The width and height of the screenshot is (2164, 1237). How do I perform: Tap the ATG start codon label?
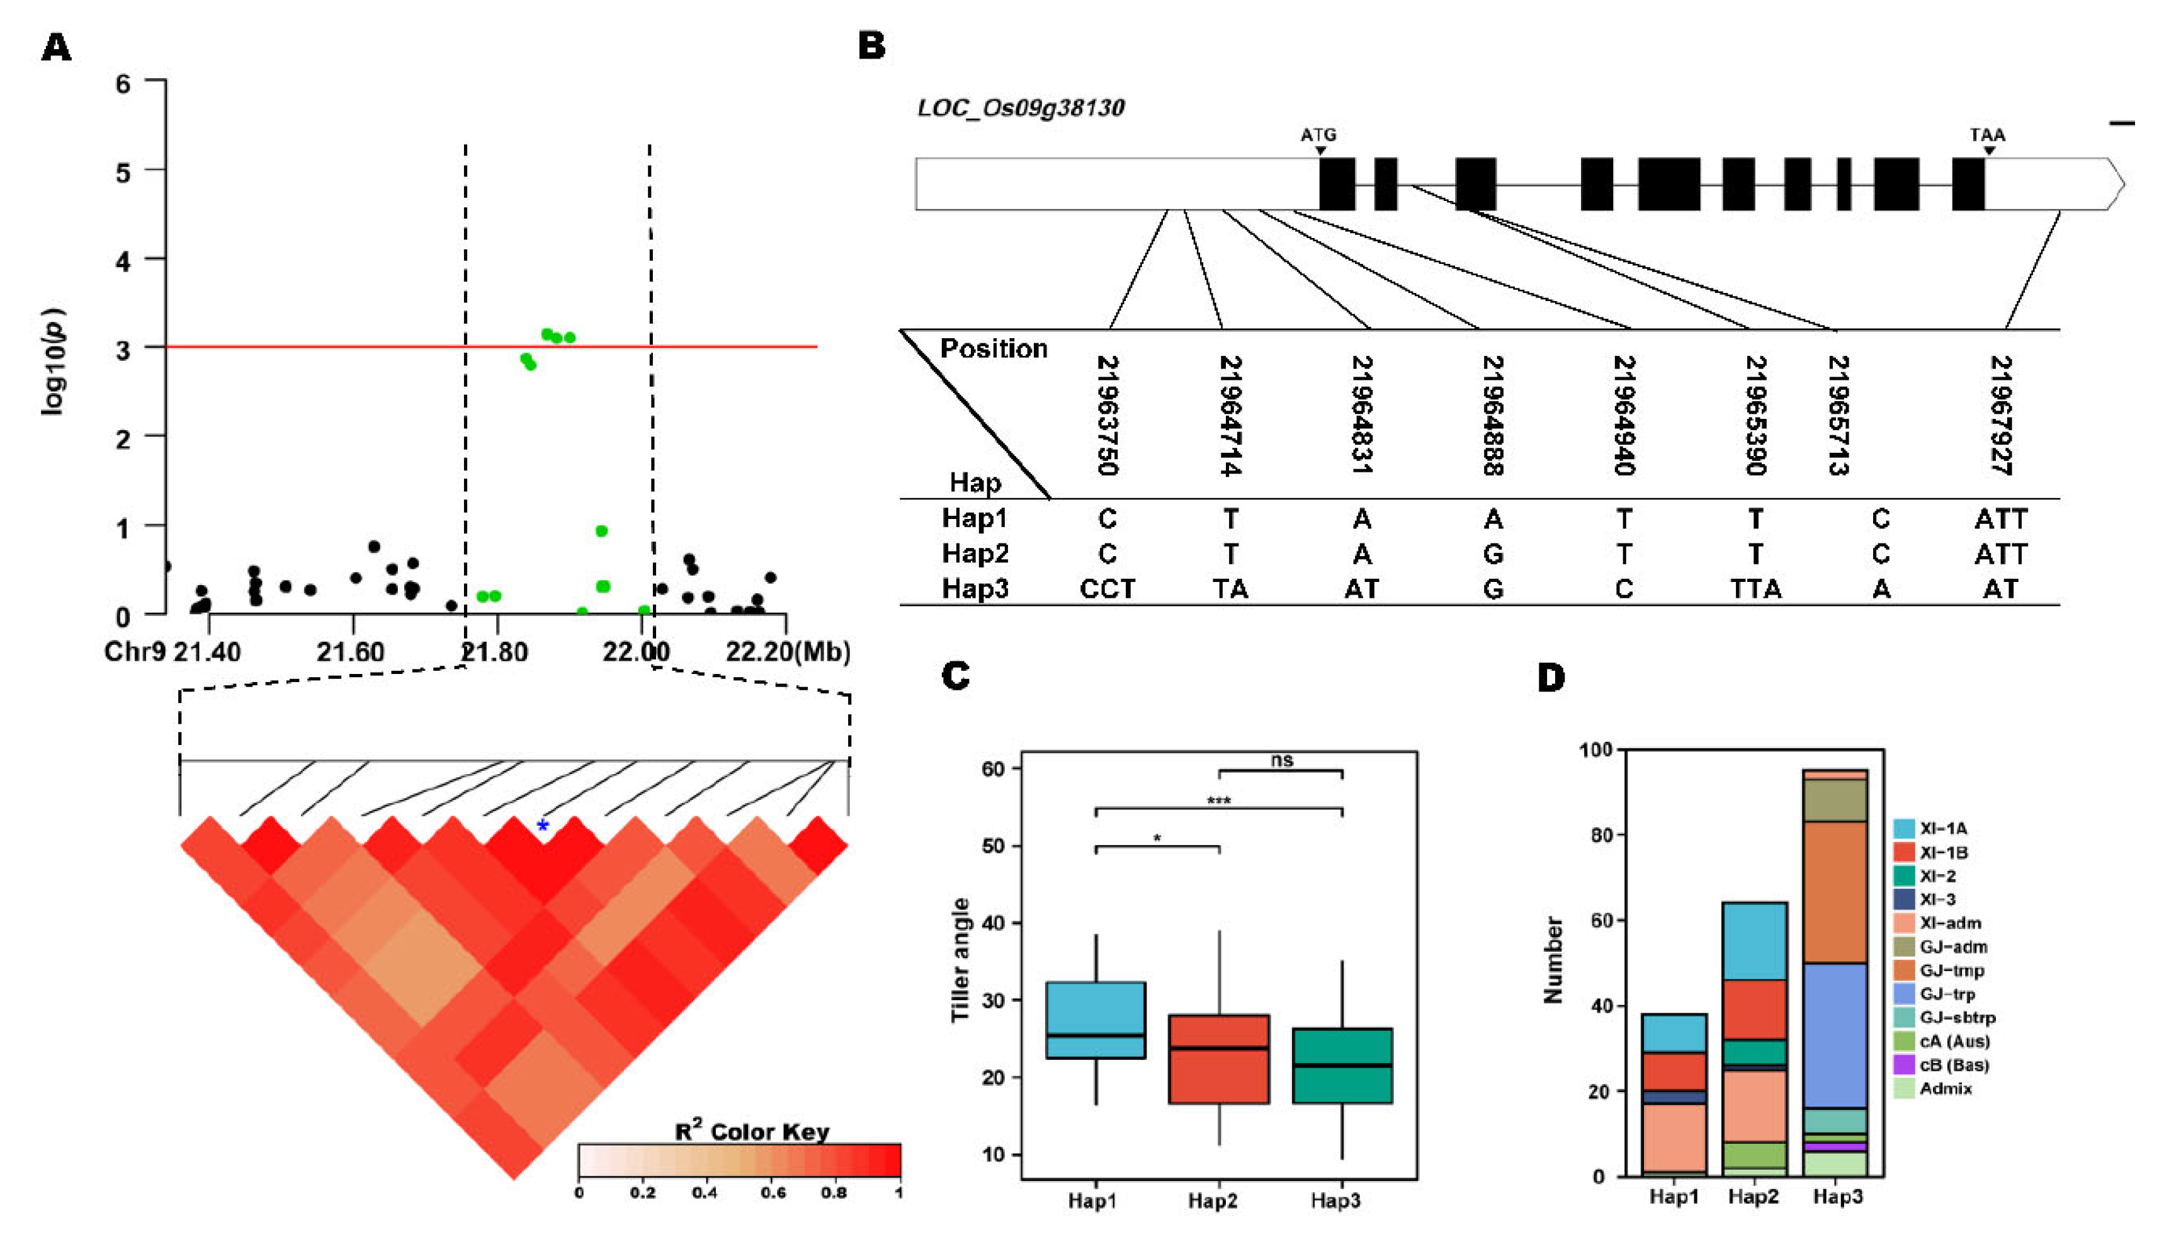pyautogui.click(x=1318, y=135)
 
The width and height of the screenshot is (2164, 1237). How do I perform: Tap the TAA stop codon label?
pyautogui.click(x=1987, y=135)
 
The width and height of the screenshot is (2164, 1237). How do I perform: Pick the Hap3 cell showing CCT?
pyautogui.click(x=1107, y=589)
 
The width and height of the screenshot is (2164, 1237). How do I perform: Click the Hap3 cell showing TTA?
pyautogui.click(x=1755, y=589)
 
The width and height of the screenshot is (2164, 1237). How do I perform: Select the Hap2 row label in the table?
pyautogui.click(x=975, y=554)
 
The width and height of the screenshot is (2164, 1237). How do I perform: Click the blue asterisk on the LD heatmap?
pyautogui.click(x=543, y=826)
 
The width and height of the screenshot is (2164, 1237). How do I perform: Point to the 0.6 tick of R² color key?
pyautogui.click(x=773, y=1192)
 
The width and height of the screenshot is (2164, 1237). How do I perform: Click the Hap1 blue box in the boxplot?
pyautogui.click(x=1096, y=1020)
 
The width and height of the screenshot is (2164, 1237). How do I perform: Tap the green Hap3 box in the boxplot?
pyautogui.click(x=1342, y=1066)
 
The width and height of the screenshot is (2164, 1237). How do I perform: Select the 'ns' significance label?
pyautogui.click(x=1281, y=760)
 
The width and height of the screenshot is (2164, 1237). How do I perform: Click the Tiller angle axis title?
pyautogui.click(x=960, y=960)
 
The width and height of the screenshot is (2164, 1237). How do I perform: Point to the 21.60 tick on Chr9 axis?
pyautogui.click(x=351, y=652)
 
